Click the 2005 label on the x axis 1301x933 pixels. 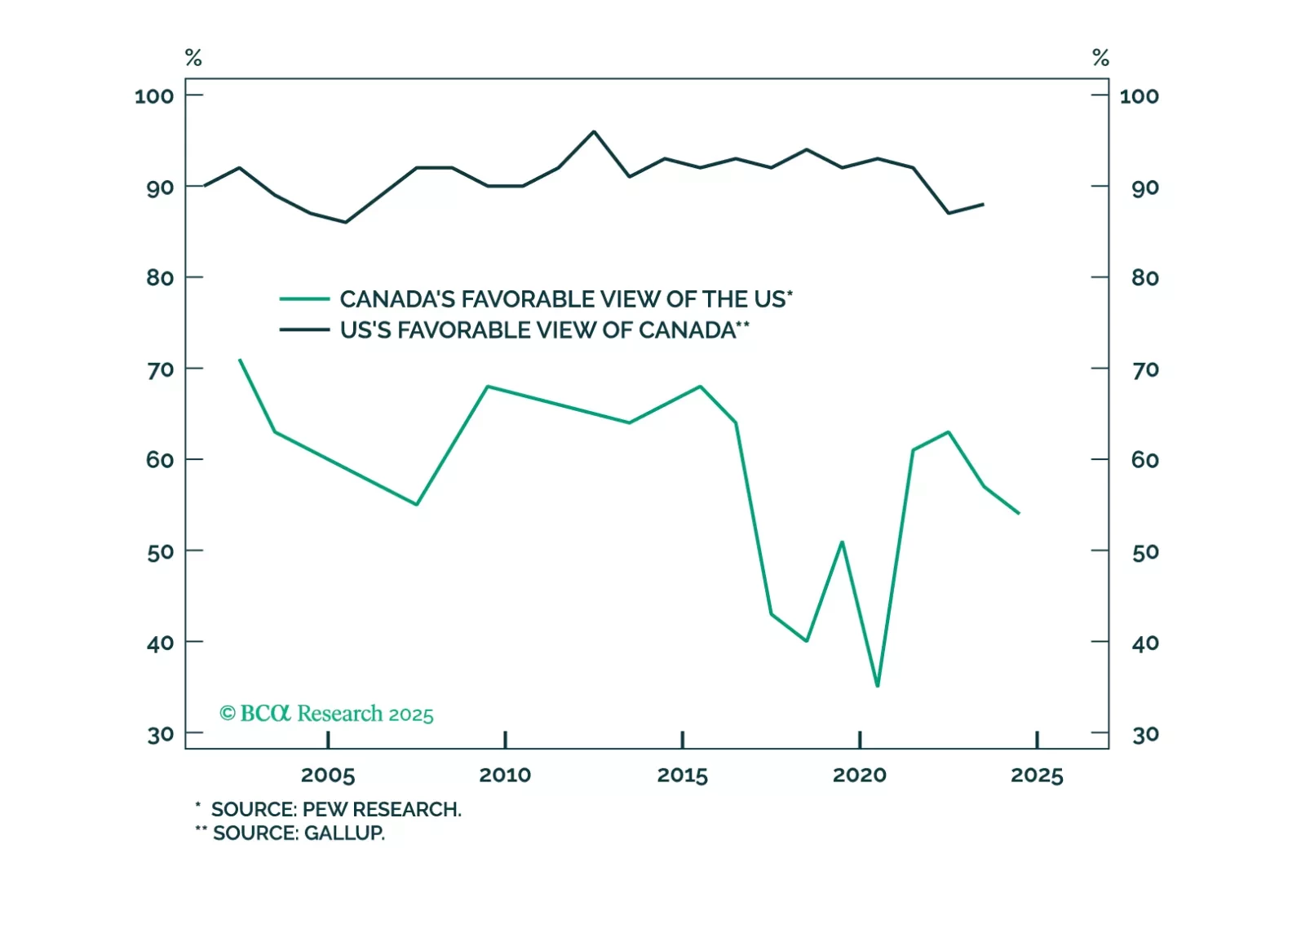pyautogui.click(x=328, y=775)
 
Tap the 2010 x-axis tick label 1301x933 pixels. pyautogui.click(x=505, y=775)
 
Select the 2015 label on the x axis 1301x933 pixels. pyautogui.click(x=682, y=775)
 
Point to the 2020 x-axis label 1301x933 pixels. pyautogui.click(x=859, y=775)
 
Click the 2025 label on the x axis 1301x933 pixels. pyautogui.click(x=1037, y=775)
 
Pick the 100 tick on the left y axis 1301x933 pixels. pyautogui.click(x=154, y=96)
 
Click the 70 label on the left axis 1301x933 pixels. pyautogui.click(x=160, y=370)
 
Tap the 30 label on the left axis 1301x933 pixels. pyautogui.click(x=161, y=735)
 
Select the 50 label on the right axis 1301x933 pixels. pyautogui.click(x=1145, y=552)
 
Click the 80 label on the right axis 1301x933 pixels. pyautogui.click(x=1145, y=278)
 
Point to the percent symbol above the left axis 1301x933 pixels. pyautogui.click(x=193, y=58)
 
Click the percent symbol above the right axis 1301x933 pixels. pyautogui.click(x=1100, y=58)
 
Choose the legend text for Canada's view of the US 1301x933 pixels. pyautogui.click(x=566, y=299)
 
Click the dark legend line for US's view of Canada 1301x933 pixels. pyautogui.click(x=304, y=330)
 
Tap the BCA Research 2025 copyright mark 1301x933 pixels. pyautogui.click(x=326, y=714)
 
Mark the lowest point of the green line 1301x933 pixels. pyautogui.click(x=878, y=686)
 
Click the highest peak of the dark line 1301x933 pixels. pyautogui.click(x=594, y=131)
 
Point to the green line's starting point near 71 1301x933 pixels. pyautogui.click(x=240, y=360)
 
